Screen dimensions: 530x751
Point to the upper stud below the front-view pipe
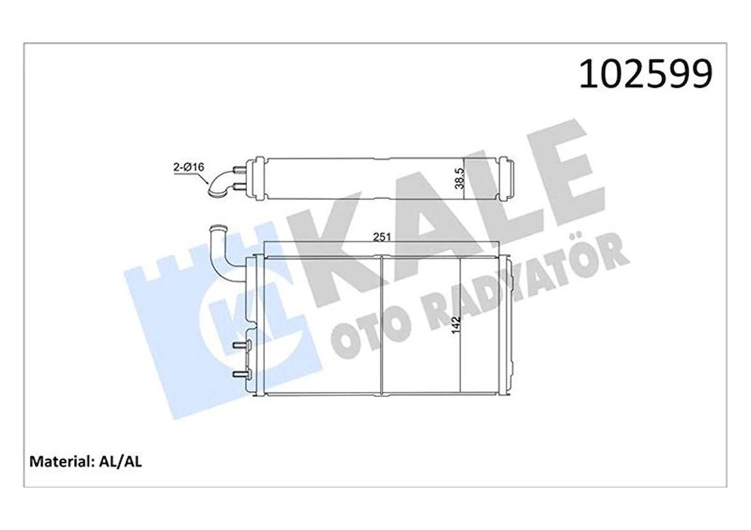point(240,345)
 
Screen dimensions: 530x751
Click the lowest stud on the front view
point(240,374)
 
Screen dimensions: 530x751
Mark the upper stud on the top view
point(239,169)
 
